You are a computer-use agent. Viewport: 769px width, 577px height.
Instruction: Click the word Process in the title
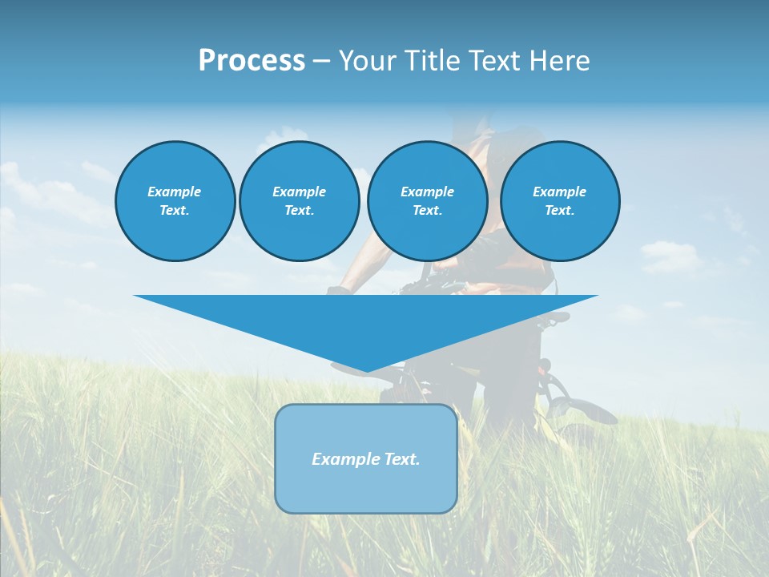coord(252,61)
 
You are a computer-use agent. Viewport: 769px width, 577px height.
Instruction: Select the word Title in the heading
coord(433,61)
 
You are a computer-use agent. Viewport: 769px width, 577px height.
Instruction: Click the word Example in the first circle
coord(175,192)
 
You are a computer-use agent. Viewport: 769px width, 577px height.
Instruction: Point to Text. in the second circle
coord(299,211)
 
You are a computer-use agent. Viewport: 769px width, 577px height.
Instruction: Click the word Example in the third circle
coord(427,192)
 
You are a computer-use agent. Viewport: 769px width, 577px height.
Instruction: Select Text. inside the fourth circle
coord(559,211)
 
